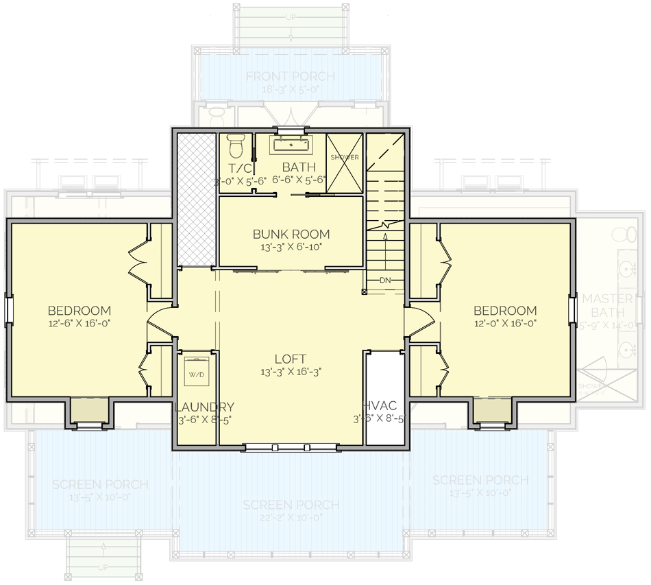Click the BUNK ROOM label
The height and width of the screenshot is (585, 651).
click(291, 234)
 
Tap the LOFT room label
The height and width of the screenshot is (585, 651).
click(291, 359)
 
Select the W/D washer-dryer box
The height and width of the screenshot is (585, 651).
click(196, 374)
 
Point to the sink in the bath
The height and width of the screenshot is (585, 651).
click(292, 145)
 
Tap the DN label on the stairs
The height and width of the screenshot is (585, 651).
click(384, 280)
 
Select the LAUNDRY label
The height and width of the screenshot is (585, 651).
click(204, 407)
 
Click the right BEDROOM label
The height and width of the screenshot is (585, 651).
click(505, 311)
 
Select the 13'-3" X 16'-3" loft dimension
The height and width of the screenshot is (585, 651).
click(291, 372)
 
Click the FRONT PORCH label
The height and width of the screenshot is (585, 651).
click(291, 76)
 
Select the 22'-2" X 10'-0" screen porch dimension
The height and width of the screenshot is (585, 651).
click(291, 518)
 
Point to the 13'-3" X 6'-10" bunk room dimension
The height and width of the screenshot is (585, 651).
click(291, 247)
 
